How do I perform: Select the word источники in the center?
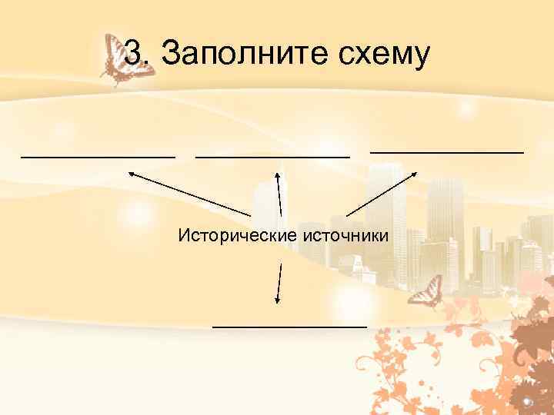[344, 233]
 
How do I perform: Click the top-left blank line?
[98, 155]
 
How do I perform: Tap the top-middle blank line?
[272, 155]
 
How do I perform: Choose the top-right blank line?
[446, 152]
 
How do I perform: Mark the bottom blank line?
[289, 327]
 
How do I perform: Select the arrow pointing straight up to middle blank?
[279, 194]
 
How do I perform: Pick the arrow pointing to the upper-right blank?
[380, 194]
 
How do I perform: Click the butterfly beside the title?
[123, 59]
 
